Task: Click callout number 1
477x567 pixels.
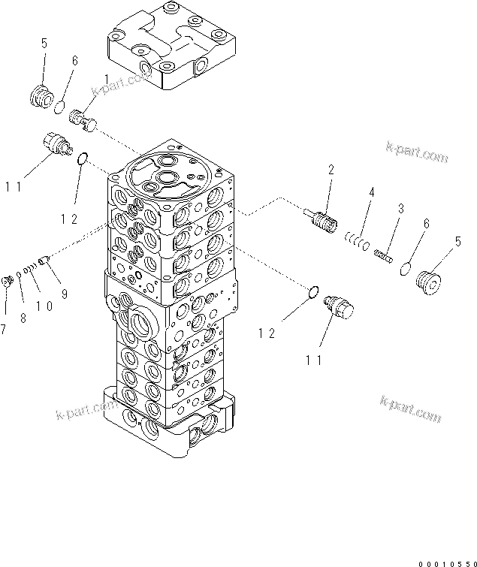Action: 106,79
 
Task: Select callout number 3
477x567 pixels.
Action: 401,208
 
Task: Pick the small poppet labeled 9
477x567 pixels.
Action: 45,261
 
